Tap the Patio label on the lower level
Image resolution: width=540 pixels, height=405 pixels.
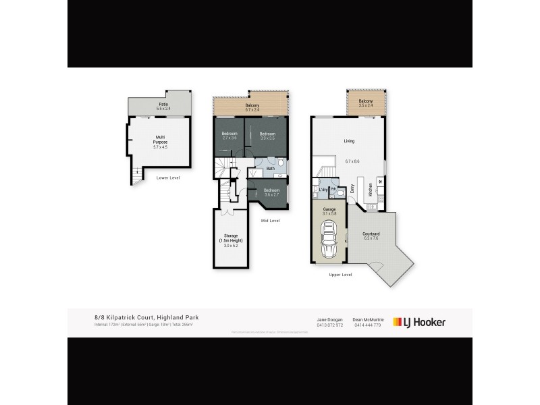pos(162,107)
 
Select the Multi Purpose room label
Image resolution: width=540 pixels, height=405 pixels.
pos(161,142)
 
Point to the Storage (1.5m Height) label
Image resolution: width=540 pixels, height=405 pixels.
pos(231,240)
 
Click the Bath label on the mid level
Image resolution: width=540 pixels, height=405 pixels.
pos(270,168)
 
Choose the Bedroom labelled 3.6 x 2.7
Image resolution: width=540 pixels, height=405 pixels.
pos(272,192)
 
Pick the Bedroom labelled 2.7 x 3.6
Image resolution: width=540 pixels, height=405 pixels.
pos(230,136)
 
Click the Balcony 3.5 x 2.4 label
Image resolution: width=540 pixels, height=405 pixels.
pos(366,103)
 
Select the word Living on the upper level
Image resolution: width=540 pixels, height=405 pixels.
pos(349,141)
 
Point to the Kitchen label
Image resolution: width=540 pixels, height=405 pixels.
pos(371,190)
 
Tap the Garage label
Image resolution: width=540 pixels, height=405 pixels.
pos(329,211)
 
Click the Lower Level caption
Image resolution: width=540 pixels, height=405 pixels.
pos(166,178)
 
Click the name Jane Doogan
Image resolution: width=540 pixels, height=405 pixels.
pos(329,319)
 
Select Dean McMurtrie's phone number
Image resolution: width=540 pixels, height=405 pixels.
pos(367,325)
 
